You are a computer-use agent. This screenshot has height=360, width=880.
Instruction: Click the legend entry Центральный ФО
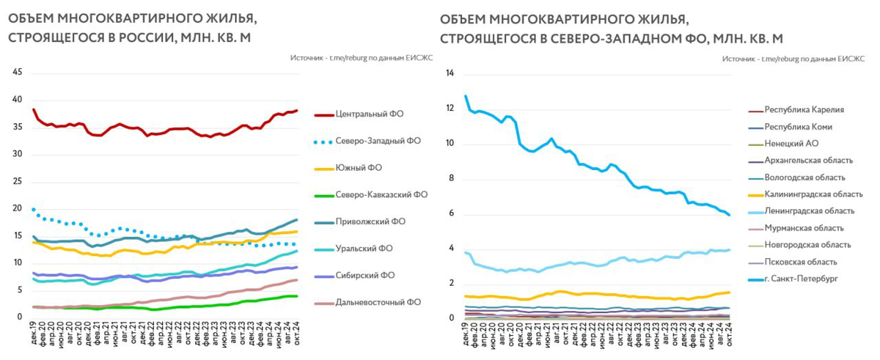click(x=369, y=114)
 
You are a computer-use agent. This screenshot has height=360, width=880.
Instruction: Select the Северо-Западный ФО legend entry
click(x=378, y=141)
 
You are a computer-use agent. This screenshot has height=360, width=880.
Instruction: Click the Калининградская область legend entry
click(x=813, y=194)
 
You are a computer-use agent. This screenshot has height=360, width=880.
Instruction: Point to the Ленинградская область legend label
click(x=809, y=211)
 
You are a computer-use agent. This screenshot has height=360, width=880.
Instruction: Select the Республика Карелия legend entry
click(x=804, y=110)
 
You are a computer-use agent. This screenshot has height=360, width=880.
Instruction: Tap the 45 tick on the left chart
click(x=18, y=72)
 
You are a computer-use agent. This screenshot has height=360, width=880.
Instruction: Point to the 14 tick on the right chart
click(x=450, y=73)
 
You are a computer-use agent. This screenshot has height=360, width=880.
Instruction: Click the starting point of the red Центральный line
click(x=34, y=109)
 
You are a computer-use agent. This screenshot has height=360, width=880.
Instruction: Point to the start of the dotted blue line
click(x=34, y=210)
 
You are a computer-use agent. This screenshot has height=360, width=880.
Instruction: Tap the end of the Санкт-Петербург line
click(x=729, y=215)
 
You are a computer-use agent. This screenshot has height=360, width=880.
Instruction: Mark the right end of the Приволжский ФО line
click(x=296, y=220)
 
